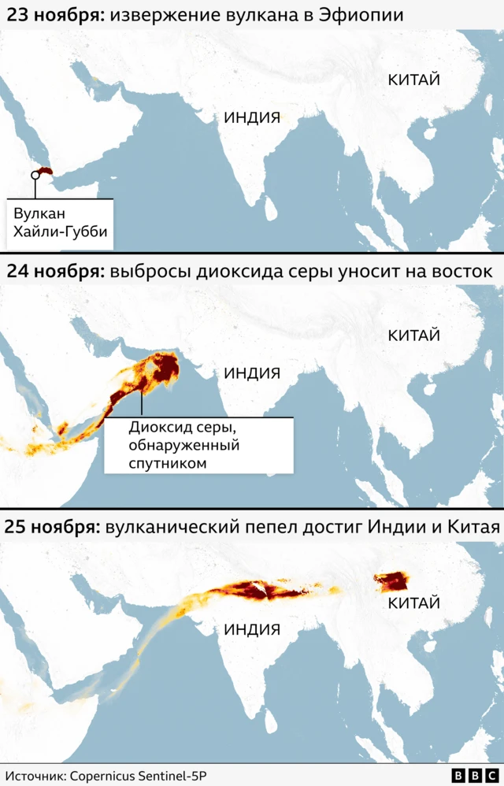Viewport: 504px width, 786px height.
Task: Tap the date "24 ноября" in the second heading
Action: (x=53, y=271)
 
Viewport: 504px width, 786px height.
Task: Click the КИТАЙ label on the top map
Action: (x=413, y=79)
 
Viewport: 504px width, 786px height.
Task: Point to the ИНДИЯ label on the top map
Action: (x=252, y=117)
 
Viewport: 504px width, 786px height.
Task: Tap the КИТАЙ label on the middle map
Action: (x=413, y=335)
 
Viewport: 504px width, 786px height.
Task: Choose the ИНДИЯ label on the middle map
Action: (x=252, y=373)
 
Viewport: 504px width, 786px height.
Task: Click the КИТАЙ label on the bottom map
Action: (x=413, y=603)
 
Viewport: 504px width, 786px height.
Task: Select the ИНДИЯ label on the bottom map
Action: (x=252, y=629)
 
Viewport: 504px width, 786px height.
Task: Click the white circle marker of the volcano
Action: (x=34, y=175)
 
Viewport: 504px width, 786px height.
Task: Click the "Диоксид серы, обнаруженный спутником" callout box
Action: (x=198, y=445)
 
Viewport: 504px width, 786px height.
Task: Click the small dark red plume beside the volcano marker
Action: (x=45, y=171)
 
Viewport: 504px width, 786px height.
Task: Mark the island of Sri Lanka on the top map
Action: (x=270, y=209)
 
